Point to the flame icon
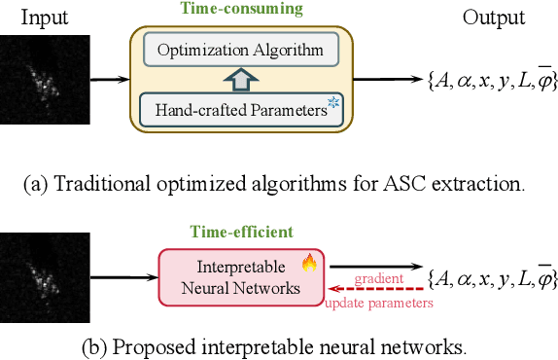(x=308, y=262)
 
